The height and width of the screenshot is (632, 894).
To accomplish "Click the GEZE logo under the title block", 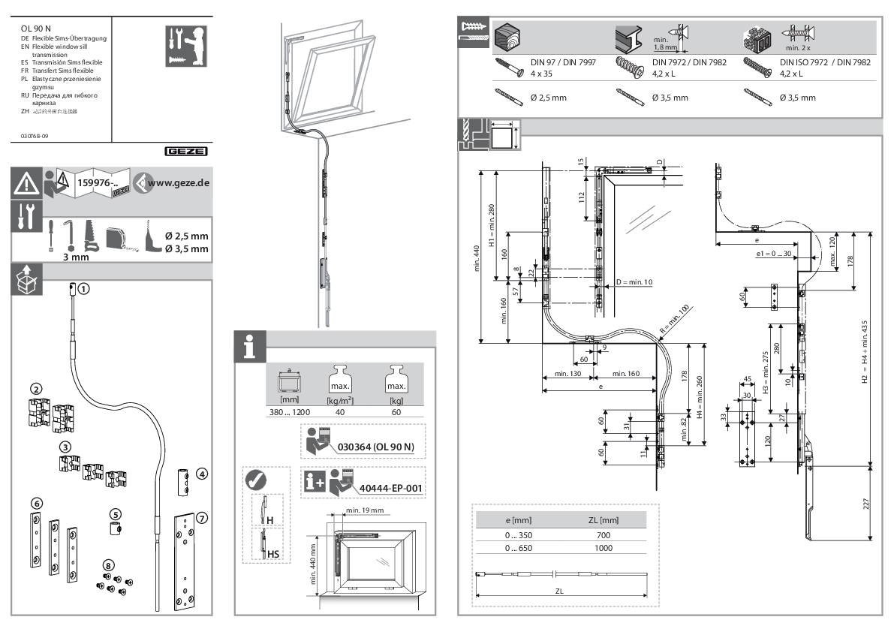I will [x=186, y=151].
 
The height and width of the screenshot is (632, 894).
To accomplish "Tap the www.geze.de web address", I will [x=177, y=182].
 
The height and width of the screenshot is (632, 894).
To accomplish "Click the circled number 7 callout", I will [x=201, y=518].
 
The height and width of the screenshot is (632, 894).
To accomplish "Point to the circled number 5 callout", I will [x=115, y=514].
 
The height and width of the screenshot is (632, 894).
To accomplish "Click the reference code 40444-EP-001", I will [x=390, y=489].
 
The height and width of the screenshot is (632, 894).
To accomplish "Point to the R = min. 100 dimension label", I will [x=673, y=319].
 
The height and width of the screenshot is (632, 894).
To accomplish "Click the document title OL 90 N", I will [x=35, y=28].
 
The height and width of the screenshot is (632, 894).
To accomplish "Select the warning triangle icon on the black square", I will [x=27, y=182].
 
